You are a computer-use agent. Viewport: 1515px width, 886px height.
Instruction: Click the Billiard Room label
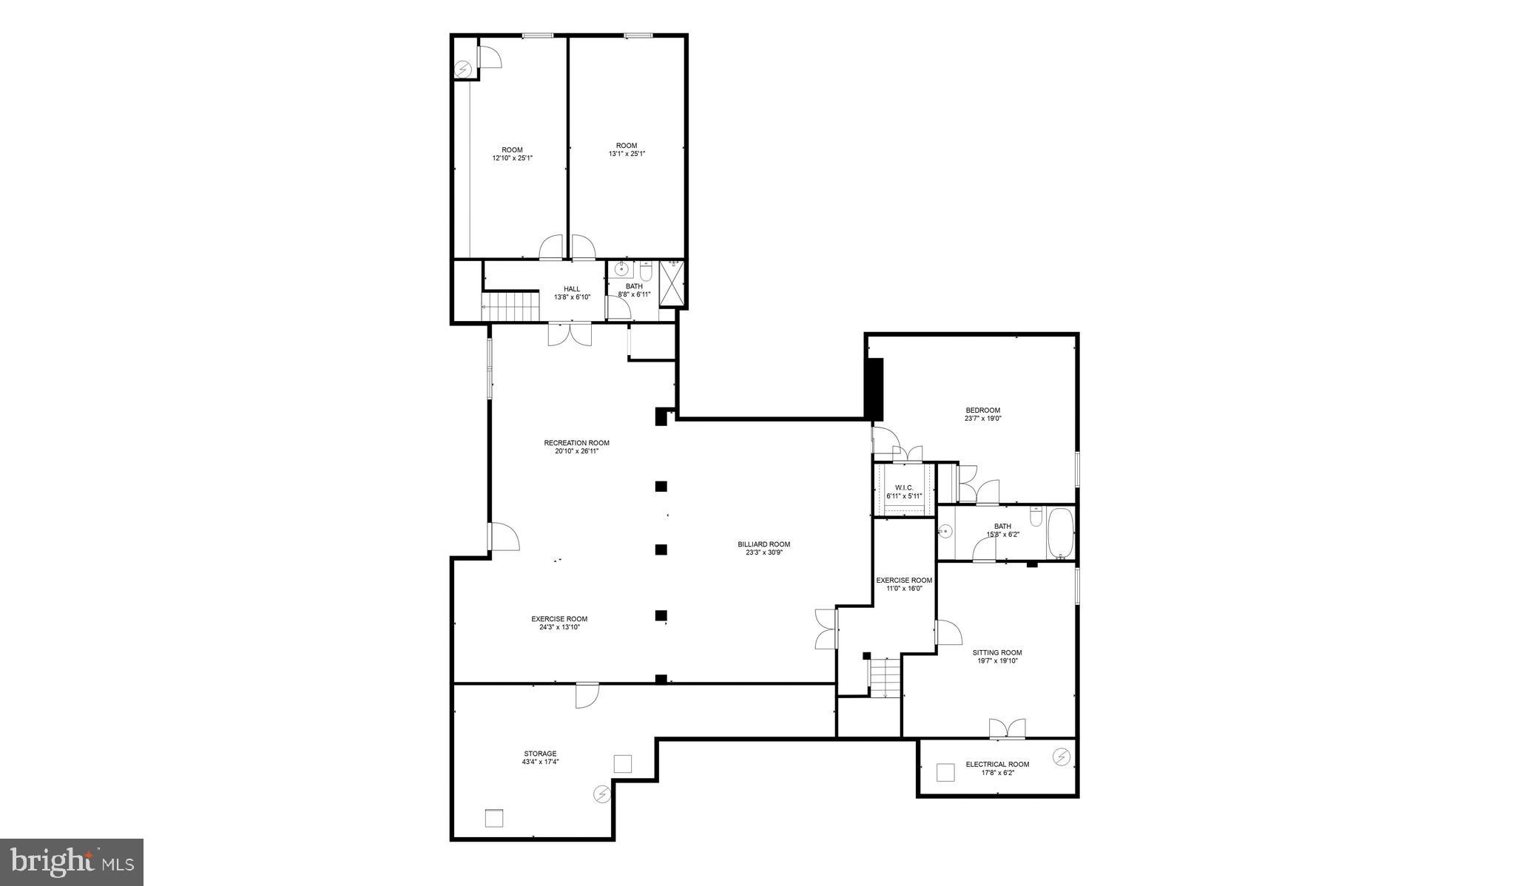[763, 544]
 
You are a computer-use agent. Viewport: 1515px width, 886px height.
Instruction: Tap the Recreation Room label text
[576, 443]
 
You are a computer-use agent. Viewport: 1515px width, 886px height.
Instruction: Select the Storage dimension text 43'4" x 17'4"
[540, 762]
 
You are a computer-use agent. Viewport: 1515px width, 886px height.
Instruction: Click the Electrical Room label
[997, 764]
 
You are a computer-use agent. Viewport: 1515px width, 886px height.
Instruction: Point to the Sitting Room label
[996, 653]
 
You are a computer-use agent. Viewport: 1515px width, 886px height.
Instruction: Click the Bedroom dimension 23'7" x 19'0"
[982, 419]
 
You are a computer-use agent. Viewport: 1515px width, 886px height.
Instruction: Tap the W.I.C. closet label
[904, 487]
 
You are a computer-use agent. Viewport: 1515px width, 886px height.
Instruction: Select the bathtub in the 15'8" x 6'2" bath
[1059, 533]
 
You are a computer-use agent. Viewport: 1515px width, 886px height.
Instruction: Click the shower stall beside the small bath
[671, 283]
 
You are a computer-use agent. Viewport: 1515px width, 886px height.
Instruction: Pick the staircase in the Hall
[510, 307]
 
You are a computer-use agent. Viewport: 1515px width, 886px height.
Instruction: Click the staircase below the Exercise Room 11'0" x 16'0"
[884, 677]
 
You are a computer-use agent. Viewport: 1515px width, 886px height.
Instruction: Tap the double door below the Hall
[570, 334]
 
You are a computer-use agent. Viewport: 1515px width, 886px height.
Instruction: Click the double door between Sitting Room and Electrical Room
[1008, 728]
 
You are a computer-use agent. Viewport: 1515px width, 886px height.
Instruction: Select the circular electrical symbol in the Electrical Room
[1062, 757]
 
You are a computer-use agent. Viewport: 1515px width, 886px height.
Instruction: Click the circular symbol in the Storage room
[602, 794]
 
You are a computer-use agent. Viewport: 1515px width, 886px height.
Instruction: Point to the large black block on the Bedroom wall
[874, 389]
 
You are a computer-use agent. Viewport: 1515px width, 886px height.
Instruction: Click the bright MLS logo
[71, 862]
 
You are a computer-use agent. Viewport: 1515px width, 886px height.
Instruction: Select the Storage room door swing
[587, 696]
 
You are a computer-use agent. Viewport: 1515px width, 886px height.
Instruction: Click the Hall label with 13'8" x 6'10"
[572, 293]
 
